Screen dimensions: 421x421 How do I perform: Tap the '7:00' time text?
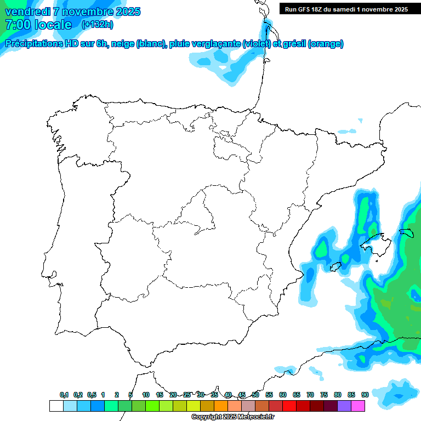(17, 25)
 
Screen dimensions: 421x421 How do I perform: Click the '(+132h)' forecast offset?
(97, 25)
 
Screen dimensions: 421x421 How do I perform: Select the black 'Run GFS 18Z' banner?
(346, 9)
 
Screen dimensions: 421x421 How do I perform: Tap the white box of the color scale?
(56, 406)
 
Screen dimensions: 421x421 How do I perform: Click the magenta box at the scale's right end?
(358, 406)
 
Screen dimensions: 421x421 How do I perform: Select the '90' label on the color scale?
(365, 395)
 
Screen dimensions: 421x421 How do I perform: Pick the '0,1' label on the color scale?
(64, 395)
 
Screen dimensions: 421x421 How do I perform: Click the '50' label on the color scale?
(255, 395)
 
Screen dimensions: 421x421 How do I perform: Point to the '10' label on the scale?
(146, 395)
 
